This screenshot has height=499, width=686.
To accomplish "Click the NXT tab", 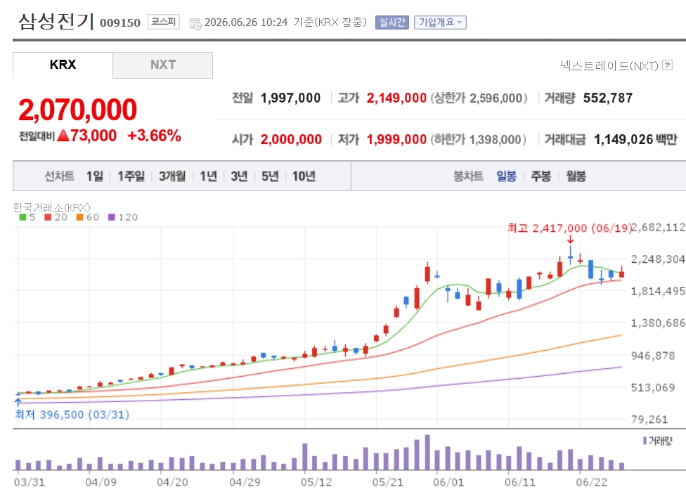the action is pos(163,65).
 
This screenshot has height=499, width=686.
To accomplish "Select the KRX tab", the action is pos(63,65).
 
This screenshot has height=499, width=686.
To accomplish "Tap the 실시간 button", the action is pos(392,22).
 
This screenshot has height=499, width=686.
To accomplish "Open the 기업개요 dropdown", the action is pos(440,22).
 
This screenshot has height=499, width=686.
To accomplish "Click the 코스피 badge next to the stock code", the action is pos(164,21).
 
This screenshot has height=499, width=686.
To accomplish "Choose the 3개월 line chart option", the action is pos(172,176).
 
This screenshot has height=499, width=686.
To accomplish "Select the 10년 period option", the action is pos(304,176).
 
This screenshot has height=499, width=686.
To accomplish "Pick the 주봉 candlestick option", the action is pos(541,176).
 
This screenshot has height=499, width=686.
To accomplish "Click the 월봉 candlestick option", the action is pos(576,176).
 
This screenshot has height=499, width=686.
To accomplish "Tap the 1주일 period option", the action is pos(131,176).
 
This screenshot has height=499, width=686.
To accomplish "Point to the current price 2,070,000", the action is pos(78,110).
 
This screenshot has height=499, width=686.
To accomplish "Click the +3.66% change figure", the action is pos(154,136).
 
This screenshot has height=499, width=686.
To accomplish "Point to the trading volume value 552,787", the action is pos(608,98).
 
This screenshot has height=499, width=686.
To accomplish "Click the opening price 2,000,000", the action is pos(291,140).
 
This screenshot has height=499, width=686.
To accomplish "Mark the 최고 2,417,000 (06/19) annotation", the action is pos(569,228).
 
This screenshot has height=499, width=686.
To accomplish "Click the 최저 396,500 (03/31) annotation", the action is pos(72,415).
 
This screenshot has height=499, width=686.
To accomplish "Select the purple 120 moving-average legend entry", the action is pos(123,217).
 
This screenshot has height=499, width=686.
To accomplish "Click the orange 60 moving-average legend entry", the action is pos(87,217).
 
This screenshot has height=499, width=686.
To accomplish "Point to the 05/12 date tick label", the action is pos(316,482).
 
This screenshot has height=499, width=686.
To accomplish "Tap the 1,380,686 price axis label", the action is pos(658,323).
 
